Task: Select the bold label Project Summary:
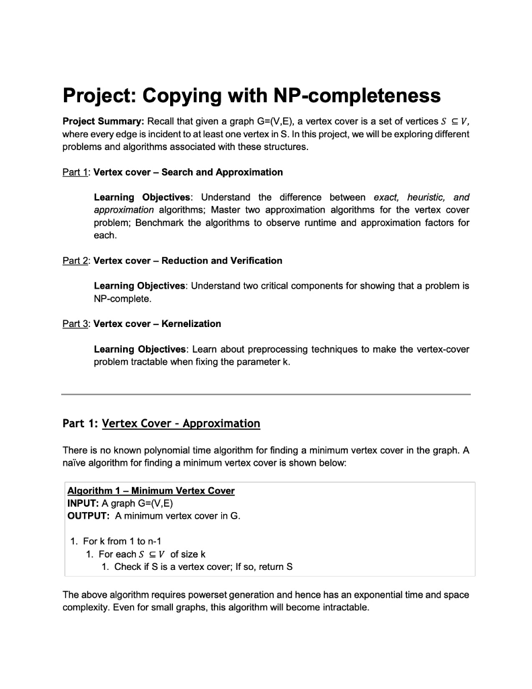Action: click(x=102, y=121)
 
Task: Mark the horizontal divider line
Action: click(x=266, y=394)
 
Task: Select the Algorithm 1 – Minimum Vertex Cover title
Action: click(x=151, y=491)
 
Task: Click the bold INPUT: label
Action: click(x=83, y=503)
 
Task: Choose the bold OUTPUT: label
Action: click(x=89, y=515)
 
